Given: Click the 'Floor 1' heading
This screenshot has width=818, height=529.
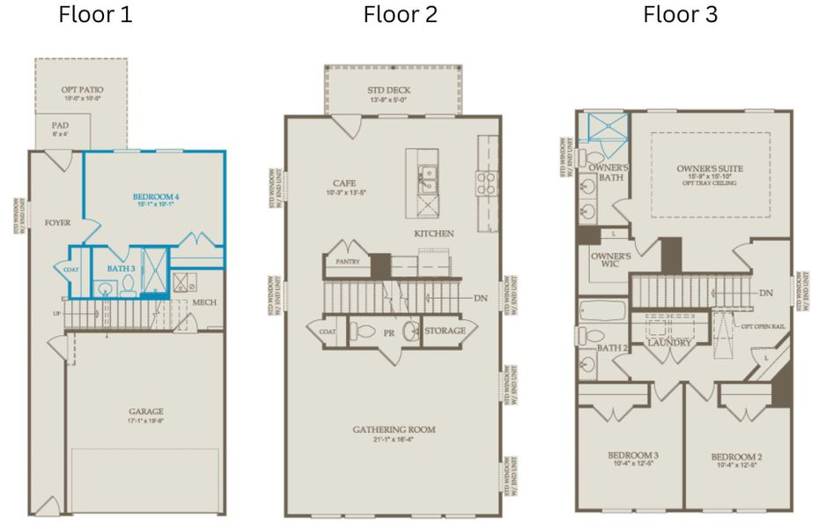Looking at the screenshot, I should [95, 15].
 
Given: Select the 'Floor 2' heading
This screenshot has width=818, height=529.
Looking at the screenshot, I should [400, 15].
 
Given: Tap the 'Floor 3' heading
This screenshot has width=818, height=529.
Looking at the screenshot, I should [680, 15].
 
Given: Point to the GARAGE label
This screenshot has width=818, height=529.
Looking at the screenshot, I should [144, 411].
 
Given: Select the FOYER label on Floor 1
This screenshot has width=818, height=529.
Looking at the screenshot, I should [57, 223].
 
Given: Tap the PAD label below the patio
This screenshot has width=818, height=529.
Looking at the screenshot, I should [60, 126].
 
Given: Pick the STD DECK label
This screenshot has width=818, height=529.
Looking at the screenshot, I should [388, 90].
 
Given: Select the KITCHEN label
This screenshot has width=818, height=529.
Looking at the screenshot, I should [434, 234].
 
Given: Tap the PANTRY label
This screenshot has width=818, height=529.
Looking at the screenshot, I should [345, 262].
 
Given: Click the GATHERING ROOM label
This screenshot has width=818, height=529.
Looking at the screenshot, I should [394, 429].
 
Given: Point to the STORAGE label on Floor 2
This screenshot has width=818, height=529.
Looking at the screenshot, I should [444, 331].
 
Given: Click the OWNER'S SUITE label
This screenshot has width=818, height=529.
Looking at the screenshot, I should [710, 168].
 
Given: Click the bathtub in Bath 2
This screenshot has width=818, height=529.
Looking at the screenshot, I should [601, 311].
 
